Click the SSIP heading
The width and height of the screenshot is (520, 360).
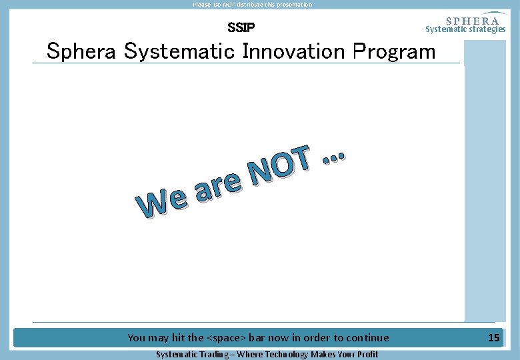pyautogui.click(x=241, y=28)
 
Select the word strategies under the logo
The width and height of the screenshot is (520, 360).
pyautogui.click(x=485, y=29)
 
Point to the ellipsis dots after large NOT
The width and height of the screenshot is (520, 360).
pyautogui.click(x=333, y=157)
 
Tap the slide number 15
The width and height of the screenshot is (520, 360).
pyautogui.click(x=493, y=338)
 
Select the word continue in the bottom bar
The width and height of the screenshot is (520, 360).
pyautogui.click(x=366, y=338)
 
